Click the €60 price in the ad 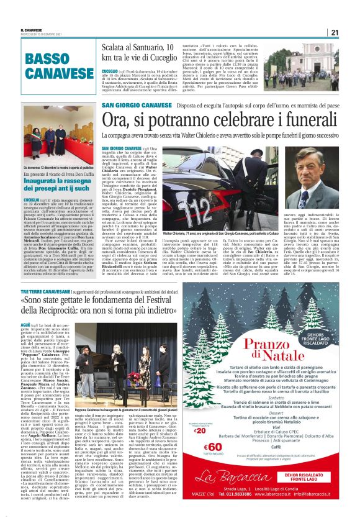click(199, 443)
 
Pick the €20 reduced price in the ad click(199, 412)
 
